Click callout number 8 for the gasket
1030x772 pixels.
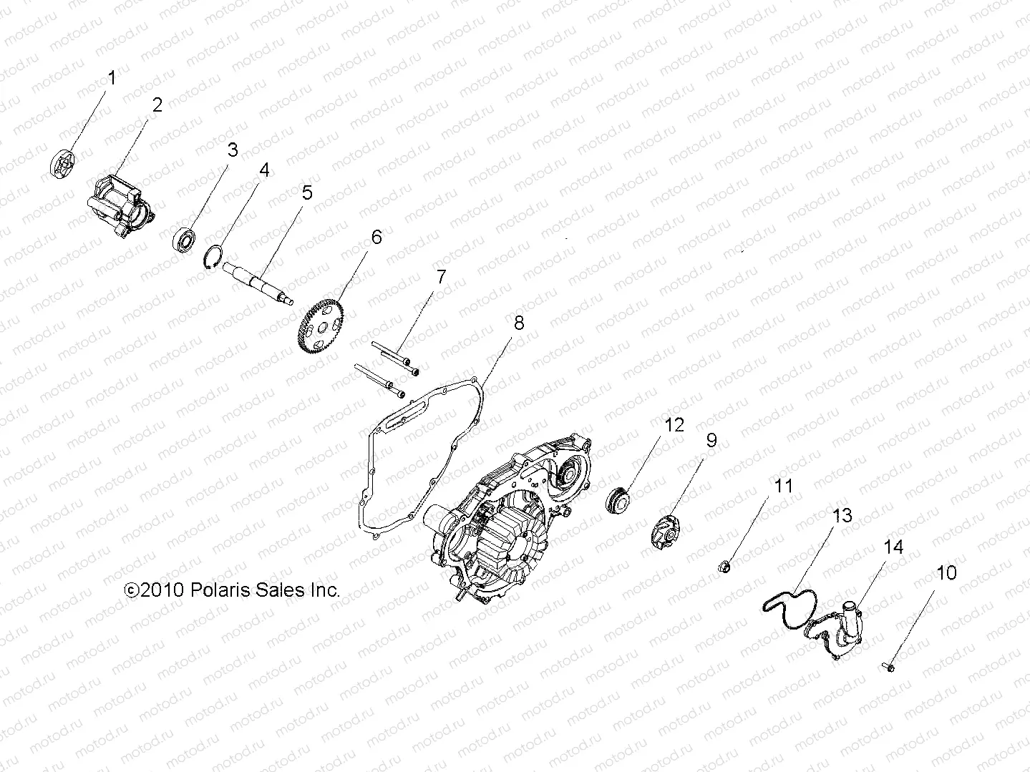click(x=518, y=323)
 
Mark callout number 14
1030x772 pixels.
click(x=893, y=547)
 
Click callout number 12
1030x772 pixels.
click(x=674, y=425)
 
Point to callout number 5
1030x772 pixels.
click(x=306, y=192)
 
